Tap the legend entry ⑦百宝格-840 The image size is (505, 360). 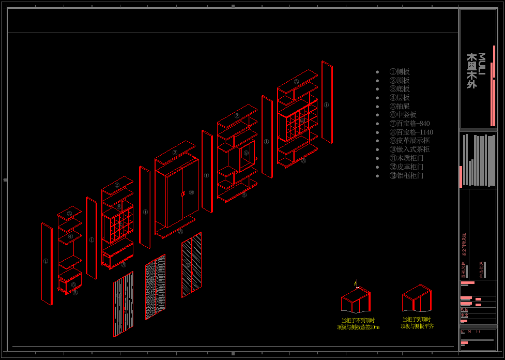409,124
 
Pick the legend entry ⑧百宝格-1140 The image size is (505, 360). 411,132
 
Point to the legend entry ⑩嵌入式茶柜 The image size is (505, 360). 409,149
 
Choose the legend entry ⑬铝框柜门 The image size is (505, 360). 406,176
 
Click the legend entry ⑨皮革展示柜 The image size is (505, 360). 409,141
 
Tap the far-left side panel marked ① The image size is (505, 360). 47,263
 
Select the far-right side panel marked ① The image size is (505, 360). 327,102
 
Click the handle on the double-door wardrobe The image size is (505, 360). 182,194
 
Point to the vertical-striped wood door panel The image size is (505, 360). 123,304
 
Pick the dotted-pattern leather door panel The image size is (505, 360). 155,287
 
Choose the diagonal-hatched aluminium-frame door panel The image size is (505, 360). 191,265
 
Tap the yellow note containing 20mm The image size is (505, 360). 358,324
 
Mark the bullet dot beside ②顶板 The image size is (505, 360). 377,81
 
